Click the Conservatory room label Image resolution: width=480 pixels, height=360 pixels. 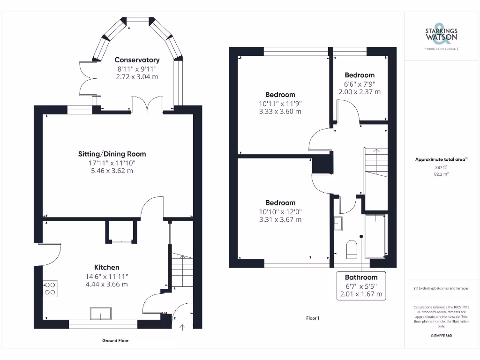coord(137,60)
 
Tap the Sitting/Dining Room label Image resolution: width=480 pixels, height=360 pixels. coord(112,154)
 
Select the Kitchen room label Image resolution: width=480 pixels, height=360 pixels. coord(106,267)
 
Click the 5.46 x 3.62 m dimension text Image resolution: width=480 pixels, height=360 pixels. coord(112,171)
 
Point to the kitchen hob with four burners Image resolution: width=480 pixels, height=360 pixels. coord(50,288)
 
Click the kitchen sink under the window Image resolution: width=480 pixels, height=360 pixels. coord(101,314)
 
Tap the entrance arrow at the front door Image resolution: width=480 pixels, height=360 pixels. coord(182,328)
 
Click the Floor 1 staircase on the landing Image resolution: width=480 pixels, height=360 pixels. coord(376,163)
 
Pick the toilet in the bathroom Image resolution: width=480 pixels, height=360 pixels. coord(352,249)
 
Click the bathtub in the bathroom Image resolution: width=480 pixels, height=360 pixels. coord(375,236)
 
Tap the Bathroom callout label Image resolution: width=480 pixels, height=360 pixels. coord(361,277)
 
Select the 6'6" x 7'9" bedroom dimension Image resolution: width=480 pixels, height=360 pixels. coord(360,84)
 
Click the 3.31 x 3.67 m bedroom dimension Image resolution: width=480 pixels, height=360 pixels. coord(280,219)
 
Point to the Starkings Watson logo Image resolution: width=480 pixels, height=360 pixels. coord(441,37)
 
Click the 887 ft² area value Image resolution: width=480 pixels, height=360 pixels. coord(441,167)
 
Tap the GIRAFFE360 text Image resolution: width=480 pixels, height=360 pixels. coord(441,336)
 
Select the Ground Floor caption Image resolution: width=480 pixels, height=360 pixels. coord(115,340)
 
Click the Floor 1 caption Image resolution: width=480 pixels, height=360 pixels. coord(313,318)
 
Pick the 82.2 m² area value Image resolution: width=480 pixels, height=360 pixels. coord(441,174)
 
